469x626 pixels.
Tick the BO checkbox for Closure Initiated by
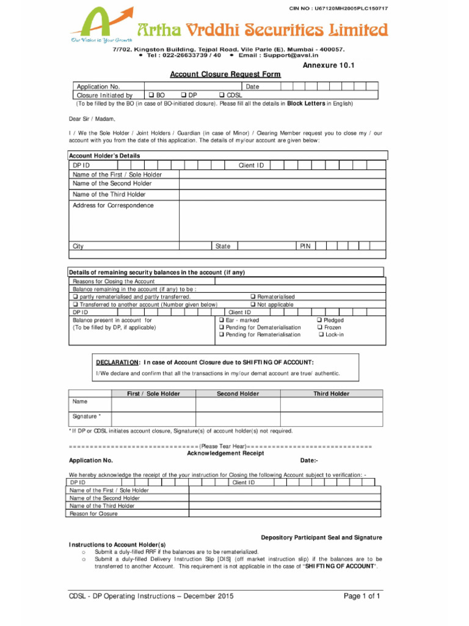click(x=151, y=95)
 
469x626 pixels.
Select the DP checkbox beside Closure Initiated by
click(x=183, y=95)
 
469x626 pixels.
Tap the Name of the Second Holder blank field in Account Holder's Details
click(x=282, y=183)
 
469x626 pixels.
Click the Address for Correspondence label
click(x=113, y=205)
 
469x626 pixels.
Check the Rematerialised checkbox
click(x=253, y=296)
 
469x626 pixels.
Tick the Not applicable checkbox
click(x=253, y=304)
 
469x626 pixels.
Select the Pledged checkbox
click(x=319, y=320)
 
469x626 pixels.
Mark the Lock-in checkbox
click(x=319, y=335)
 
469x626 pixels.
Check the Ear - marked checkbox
click(x=222, y=320)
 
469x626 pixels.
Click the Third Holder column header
click(x=331, y=394)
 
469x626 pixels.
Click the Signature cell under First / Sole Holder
click(x=153, y=417)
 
